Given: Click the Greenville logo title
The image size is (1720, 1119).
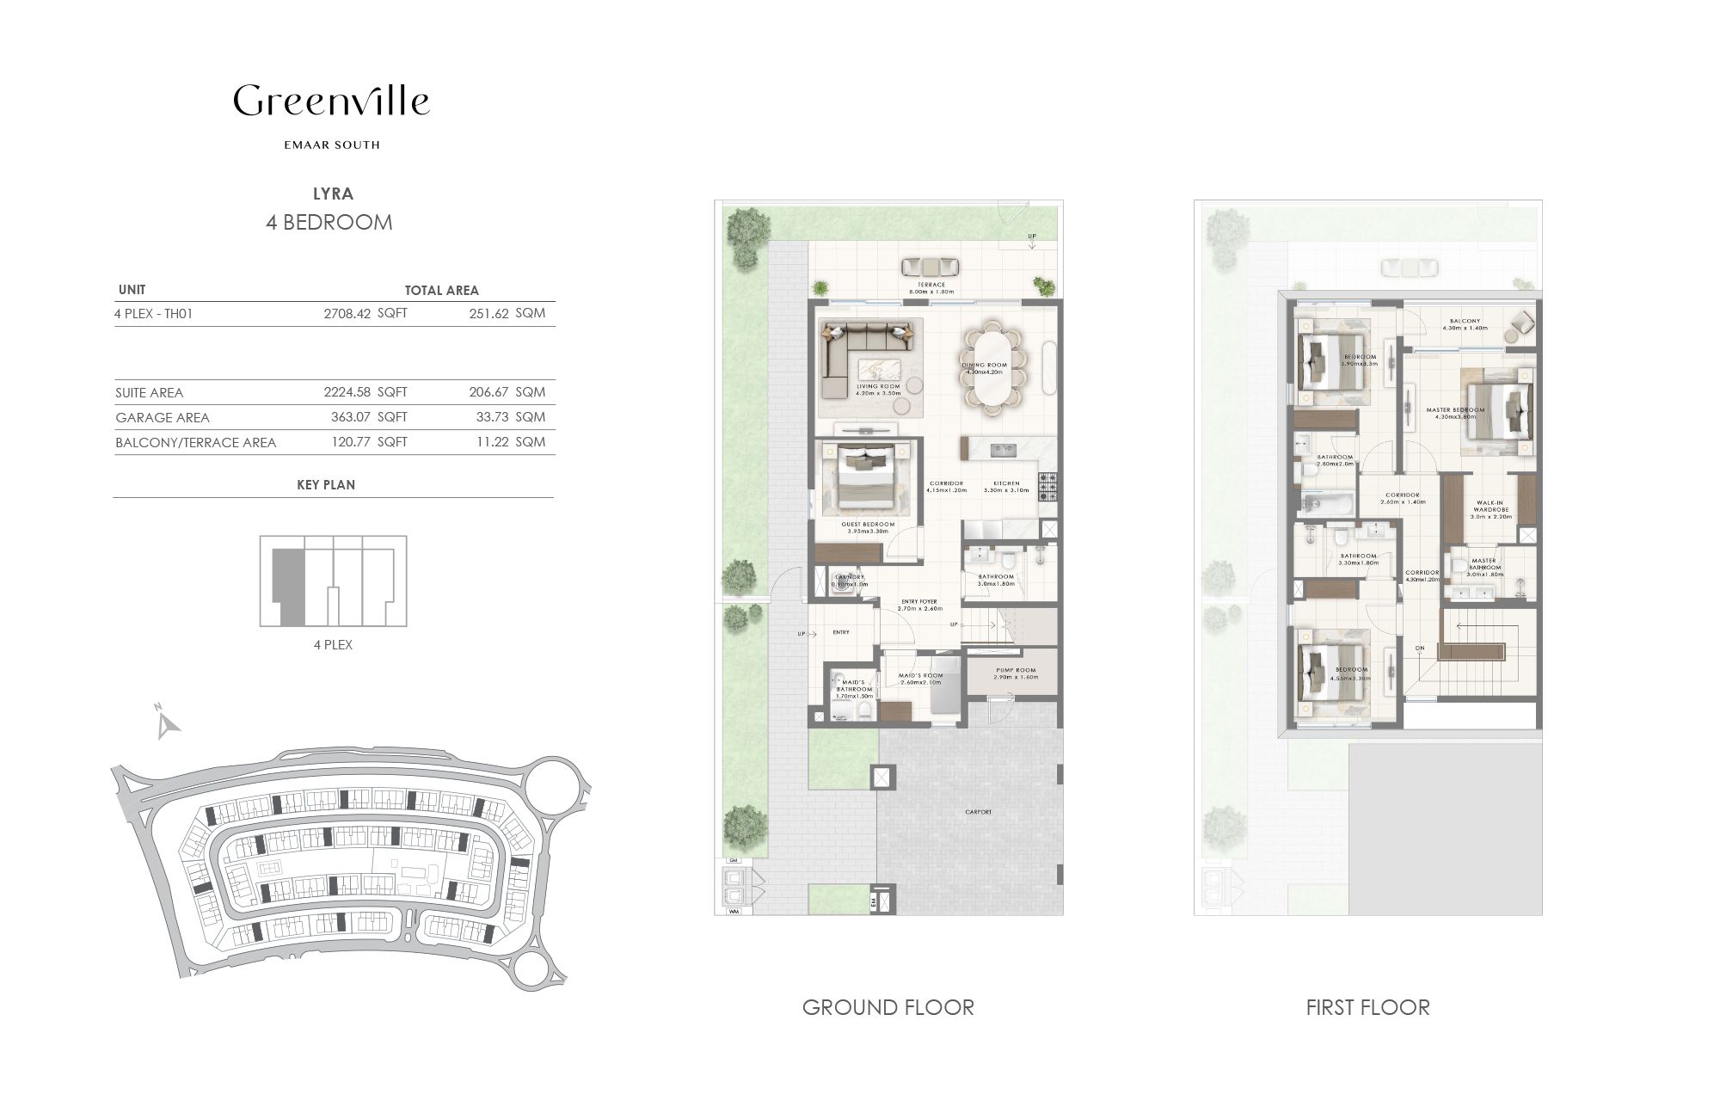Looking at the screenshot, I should tap(331, 101).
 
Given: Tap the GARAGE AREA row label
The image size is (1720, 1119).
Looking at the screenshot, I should tap(163, 418).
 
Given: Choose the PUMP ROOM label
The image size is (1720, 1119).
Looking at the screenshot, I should tap(1016, 669).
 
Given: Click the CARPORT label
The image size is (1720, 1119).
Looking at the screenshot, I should tap(979, 812).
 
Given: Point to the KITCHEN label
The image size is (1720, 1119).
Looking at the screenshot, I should tap(1006, 483).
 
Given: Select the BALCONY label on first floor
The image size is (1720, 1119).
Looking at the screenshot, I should tap(1464, 321).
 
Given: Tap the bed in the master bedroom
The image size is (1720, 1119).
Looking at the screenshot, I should tap(1501, 413).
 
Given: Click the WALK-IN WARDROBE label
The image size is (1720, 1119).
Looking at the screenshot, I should tap(1490, 507).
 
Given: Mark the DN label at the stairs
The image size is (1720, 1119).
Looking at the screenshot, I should tap(1420, 649).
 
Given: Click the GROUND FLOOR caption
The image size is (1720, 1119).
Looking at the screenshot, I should tap(888, 1007).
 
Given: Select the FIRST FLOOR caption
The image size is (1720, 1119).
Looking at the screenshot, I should tap(1367, 1007).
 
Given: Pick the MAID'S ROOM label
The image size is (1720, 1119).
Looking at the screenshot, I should tap(921, 676).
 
